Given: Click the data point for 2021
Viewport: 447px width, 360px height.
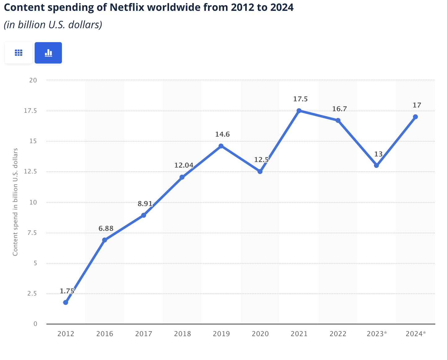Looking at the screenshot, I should [x=299, y=111].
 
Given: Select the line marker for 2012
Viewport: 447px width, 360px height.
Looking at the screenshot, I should [x=66, y=302].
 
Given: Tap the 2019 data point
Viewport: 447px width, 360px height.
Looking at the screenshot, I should [x=221, y=146].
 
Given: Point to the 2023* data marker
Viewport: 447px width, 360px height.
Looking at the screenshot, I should [x=376, y=165].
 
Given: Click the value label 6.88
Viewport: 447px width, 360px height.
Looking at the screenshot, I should [x=106, y=229].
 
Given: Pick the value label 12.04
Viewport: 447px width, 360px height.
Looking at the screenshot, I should [x=184, y=165].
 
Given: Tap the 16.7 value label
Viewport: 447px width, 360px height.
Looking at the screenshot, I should [x=340, y=109].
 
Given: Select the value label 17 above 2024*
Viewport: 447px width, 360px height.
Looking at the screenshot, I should [x=417, y=105].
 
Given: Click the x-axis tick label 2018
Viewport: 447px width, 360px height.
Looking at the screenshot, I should [x=182, y=334].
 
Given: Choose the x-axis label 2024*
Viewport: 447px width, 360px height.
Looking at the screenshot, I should [x=415, y=334].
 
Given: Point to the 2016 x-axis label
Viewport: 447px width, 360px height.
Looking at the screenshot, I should [x=105, y=334].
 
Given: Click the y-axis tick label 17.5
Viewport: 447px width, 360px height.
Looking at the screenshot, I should [x=30, y=111].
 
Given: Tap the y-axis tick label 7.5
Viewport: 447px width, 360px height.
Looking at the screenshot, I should [x=32, y=233].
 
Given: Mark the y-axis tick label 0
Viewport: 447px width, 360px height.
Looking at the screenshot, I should [x=35, y=324].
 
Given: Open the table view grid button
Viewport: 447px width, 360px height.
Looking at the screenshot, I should [x=19, y=53].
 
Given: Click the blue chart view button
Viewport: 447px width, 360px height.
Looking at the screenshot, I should [x=48, y=53].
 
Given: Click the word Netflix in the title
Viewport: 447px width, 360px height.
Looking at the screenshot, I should [x=127, y=7].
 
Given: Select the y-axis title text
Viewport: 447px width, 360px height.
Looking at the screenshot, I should [x=15, y=202].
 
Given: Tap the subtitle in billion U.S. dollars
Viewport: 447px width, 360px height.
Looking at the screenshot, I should [x=53, y=25].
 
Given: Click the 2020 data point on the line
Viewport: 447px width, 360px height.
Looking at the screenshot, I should [x=260, y=171].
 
